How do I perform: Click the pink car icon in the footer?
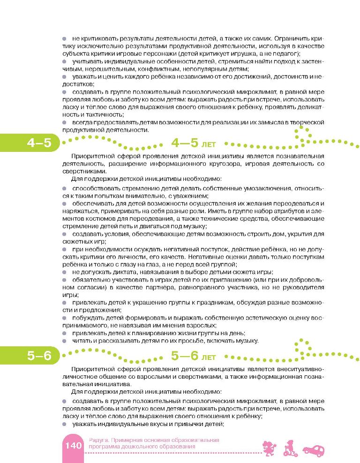click(x=314, y=451)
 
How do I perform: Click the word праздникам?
click(x=212, y=302)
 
